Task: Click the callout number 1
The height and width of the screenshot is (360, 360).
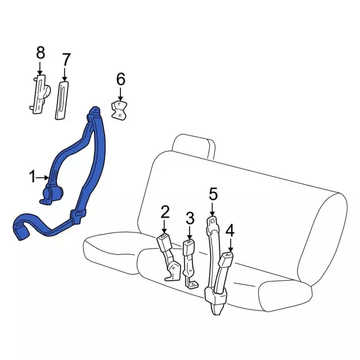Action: click(x=33, y=177)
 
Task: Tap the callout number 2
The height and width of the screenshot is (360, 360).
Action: click(x=165, y=213)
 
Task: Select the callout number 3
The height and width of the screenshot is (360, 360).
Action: click(x=190, y=218)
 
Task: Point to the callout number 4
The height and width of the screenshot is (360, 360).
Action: click(x=230, y=231)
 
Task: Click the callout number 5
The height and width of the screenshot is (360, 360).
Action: click(x=213, y=194)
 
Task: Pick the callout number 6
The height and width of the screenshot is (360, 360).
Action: click(x=121, y=79)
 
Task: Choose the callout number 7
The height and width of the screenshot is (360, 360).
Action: click(x=66, y=60)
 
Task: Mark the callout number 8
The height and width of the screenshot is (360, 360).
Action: click(x=40, y=52)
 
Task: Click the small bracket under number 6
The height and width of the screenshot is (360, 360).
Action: click(x=119, y=110)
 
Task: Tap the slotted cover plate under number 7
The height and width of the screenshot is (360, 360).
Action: click(x=61, y=100)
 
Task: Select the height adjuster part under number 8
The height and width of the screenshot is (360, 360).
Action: click(x=40, y=94)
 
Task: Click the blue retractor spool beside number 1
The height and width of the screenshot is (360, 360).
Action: click(x=52, y=195)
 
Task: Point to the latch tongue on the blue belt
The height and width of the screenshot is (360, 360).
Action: click(x=78, y=215)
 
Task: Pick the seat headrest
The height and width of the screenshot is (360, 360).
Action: click(x=194, y=146)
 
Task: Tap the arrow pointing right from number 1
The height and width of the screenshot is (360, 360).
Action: click(x=43, y=178)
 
